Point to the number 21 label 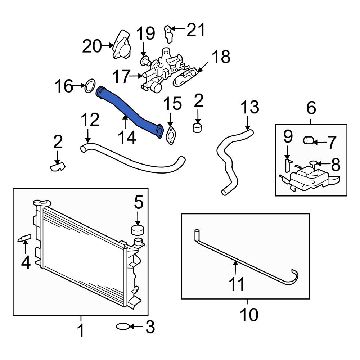pos(195,30)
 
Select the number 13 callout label pos(249,107)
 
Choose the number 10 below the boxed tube pos(249,315)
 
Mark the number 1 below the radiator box pos(81,330)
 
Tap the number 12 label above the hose pos(90,120)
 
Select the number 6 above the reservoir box pos(311,107)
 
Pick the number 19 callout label pos(146,33)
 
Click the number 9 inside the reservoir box pos(288,137)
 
